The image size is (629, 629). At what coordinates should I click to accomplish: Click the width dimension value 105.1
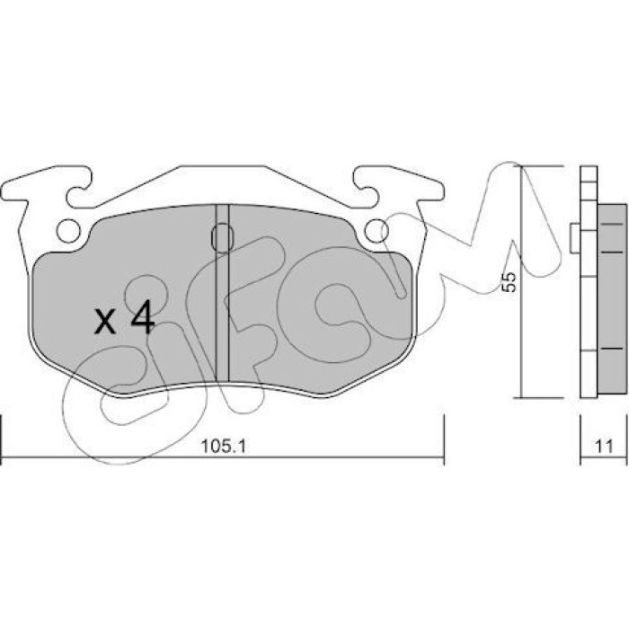click(223, 447)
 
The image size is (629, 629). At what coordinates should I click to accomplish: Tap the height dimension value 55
click(509, 282)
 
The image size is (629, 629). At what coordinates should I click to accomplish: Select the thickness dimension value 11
click(604, 447)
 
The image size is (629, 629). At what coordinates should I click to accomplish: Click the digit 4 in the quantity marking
click(143, 317)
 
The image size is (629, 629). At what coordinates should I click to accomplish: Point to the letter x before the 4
click(105, 322)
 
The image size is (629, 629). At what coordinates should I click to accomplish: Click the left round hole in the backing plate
click(68, 231)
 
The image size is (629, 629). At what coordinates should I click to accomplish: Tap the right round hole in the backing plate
click(377, 231)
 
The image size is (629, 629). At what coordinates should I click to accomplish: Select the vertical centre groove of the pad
click(222, 293)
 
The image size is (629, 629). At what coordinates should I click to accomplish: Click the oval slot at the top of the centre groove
click(222, 238)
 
